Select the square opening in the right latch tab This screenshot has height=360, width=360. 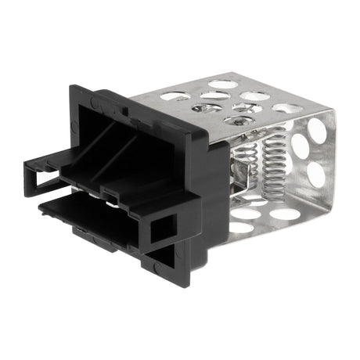pyautogui.click(x=164, y=229)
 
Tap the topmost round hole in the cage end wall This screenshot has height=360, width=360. pyautogui.click(x=317, y=129)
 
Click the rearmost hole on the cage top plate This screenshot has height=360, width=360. pyautogui.click(x=222, y=84)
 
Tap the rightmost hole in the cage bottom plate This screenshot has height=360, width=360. pyautogui.click(x=283, y=214)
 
